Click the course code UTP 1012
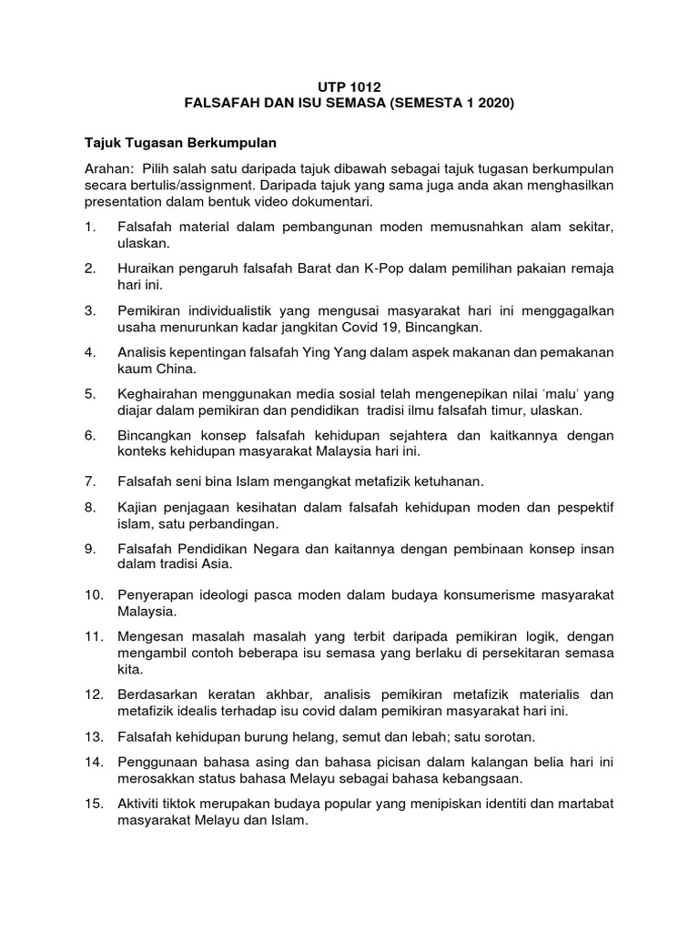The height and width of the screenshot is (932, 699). (x=349, y=86)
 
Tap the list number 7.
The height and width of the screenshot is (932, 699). (x=89, y=479)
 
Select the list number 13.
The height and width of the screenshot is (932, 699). (x=92, y=736)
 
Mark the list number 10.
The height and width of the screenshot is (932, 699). (x=92, y=594)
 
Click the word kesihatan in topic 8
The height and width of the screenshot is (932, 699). (x=248, y=507)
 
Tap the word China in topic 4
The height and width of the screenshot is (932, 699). (x=172, y=369)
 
